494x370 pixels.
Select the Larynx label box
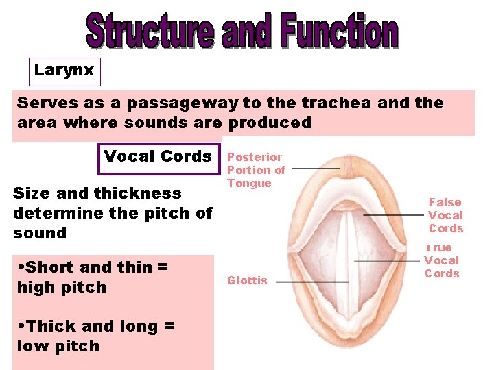64,71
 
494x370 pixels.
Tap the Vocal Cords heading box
158,156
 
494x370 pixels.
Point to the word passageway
179,103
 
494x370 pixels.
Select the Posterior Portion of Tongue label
255,170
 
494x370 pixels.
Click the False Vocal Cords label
446,215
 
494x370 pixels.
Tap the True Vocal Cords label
441,260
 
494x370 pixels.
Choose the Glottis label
247,280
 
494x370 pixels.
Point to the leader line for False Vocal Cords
395,214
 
